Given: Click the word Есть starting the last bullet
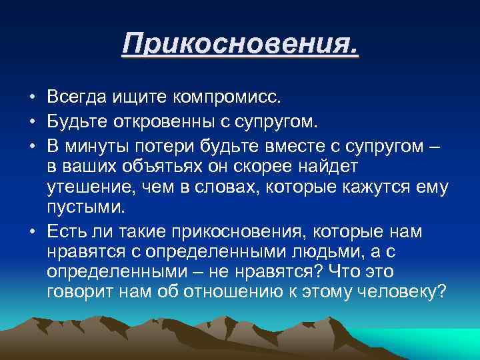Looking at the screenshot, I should [66, 231].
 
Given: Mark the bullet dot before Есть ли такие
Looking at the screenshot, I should [31, 232].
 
